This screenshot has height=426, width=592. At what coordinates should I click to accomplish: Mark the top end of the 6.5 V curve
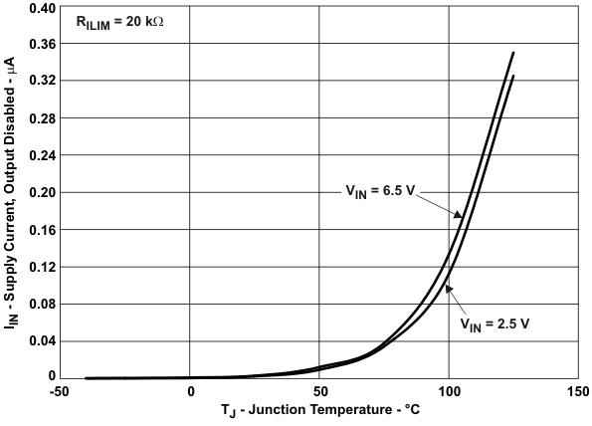pyautogui.click(x=513, y=52)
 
